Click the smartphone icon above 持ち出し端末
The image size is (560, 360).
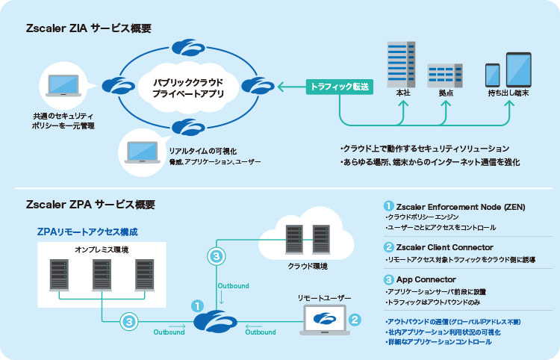pyautogui.click(x=492, y=75)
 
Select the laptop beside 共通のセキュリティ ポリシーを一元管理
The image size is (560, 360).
pyautogui.click(x=63, y=85)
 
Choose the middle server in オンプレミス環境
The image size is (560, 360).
pyautogui.click(x=102, y=275)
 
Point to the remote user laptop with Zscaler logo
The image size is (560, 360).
pyautogui.click(x=324, y=318)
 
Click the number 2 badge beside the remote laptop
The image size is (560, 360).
pyautogui.click(x=356, y=319)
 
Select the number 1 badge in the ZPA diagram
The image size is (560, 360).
pyautogui.click(x=196, y=305)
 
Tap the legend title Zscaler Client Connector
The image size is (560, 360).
pyautogui.click(x=442, y=247)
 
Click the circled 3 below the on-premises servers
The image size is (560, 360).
pyautogui.click(x=131, y=322)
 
